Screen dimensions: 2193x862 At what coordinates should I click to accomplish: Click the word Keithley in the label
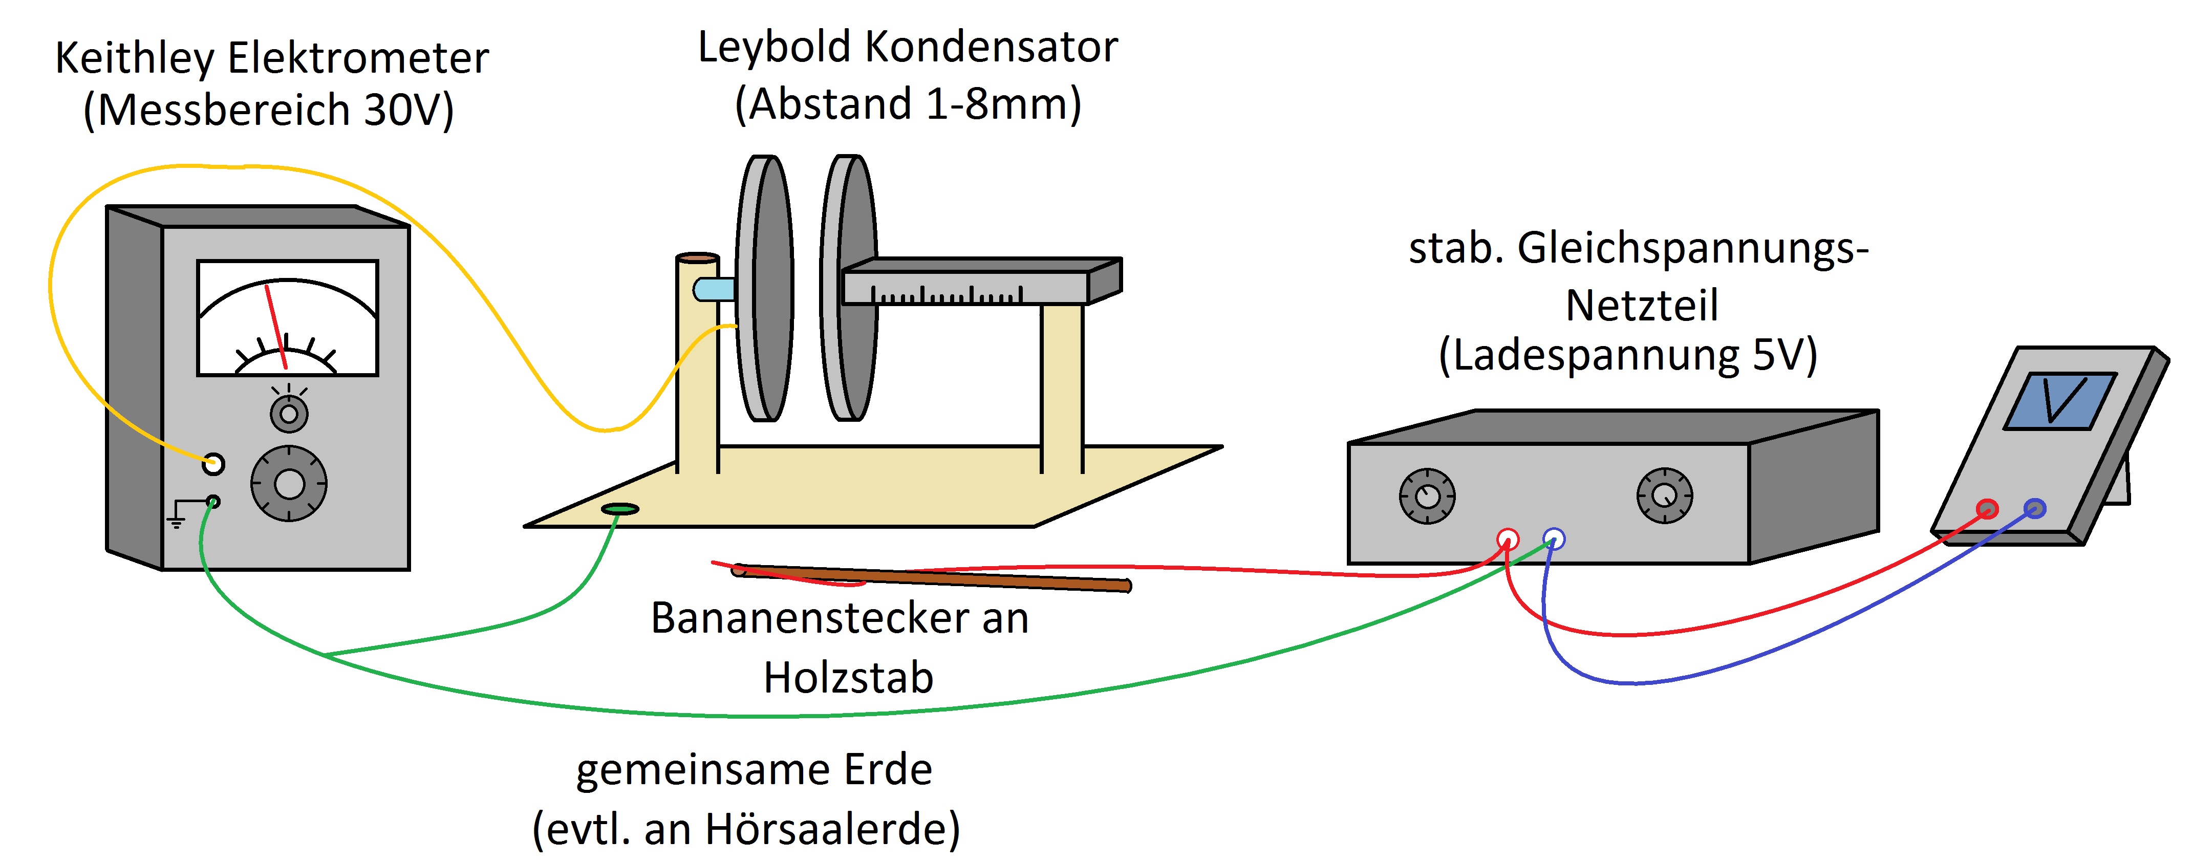135,59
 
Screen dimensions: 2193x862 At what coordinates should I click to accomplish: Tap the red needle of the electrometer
276,326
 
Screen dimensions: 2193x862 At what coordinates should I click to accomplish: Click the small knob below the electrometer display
289,414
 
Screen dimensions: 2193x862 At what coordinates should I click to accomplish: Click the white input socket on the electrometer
213,464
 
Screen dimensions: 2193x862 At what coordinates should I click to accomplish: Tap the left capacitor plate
764,288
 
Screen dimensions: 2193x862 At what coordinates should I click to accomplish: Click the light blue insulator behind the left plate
714,289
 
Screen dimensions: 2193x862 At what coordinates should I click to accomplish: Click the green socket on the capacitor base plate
620,509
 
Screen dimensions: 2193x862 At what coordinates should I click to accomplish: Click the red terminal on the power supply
1507,538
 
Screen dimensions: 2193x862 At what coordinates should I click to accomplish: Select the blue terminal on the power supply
1554,538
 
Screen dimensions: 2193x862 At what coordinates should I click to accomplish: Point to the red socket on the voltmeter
1987,509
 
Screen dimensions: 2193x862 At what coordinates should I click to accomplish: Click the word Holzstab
848,678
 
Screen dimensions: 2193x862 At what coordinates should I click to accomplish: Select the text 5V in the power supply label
1775,355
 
